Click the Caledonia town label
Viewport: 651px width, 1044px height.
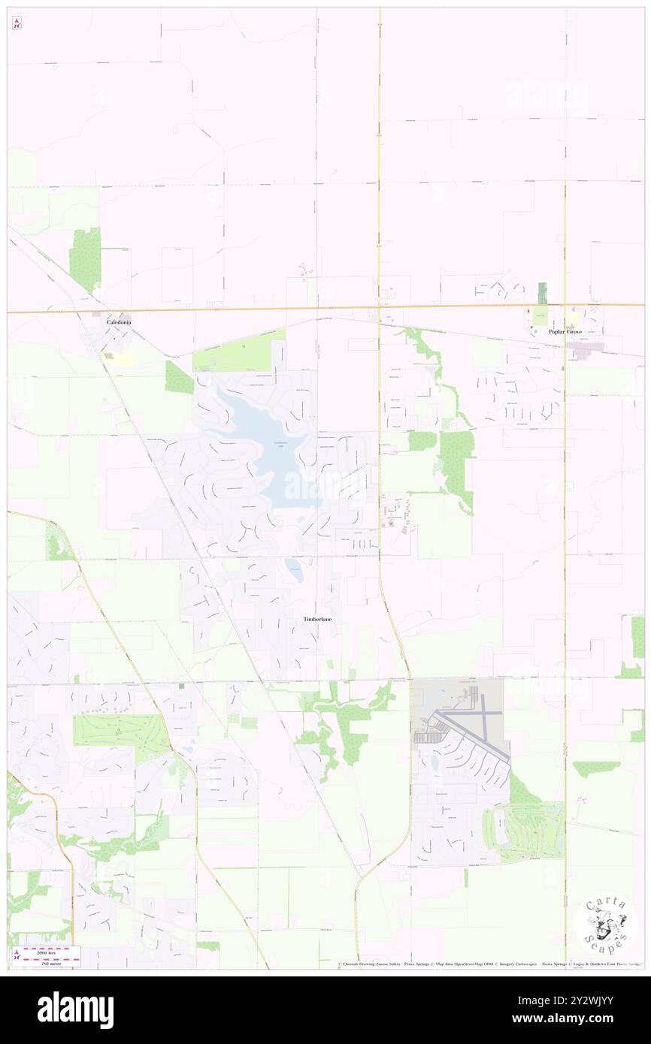coord(119,321)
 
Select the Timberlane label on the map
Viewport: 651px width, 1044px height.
coord(317,619)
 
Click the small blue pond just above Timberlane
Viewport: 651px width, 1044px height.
coord(294,569)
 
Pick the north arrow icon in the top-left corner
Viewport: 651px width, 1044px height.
coord(17,24)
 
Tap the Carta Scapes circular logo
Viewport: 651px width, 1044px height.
coord(606,924)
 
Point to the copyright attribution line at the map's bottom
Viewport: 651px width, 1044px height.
coord(489,964)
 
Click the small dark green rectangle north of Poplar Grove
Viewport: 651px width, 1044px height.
coord(542,293)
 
